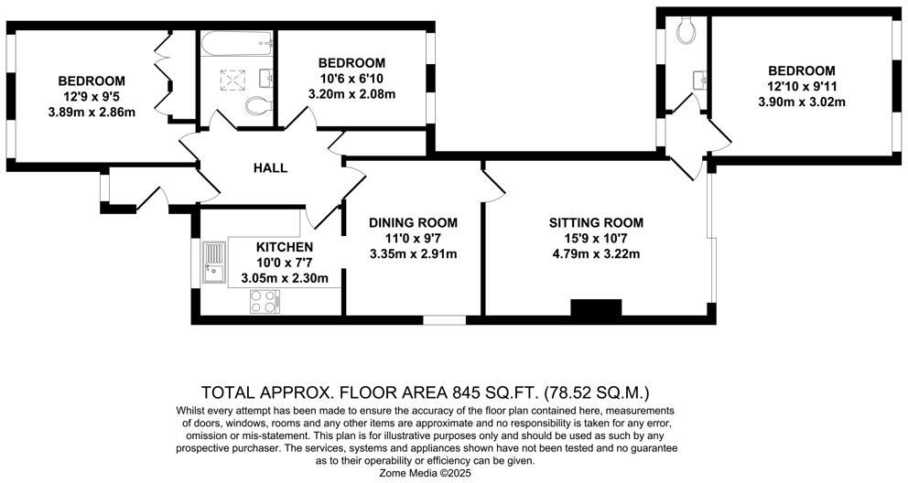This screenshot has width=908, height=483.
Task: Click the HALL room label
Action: point(270,168)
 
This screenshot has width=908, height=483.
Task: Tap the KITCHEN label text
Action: point(285,247)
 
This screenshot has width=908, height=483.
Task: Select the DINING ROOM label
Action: point(413,222)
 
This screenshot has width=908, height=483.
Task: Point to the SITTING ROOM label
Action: point(596,222)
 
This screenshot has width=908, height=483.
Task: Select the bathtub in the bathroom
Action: point(236,43)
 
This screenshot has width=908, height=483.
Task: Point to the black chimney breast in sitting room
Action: point(596,308)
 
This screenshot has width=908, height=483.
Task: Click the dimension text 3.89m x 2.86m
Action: point(92,113)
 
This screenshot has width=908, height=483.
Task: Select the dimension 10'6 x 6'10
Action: point(351,79)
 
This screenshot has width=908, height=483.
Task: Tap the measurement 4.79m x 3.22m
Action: point(596,254)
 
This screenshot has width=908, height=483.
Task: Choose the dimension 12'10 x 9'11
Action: point(801,86)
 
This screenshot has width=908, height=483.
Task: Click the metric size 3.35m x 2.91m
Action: point(413,254)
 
